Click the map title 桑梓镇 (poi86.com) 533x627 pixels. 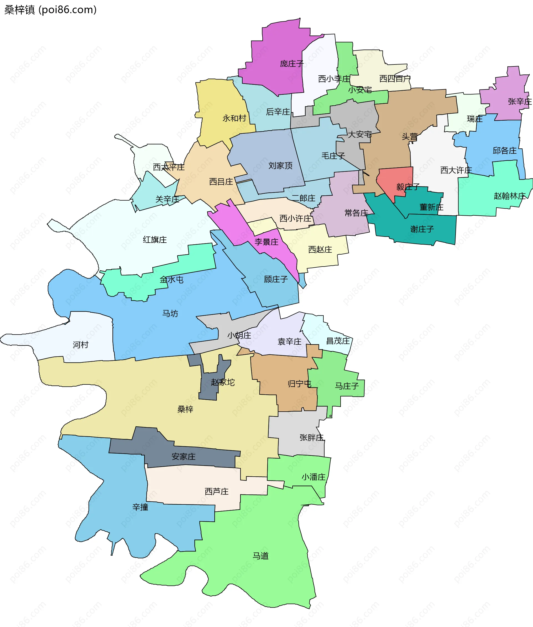[x=51, y=10]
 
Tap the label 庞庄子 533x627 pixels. [x=291, y=64]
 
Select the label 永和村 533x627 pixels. [x=234, y=118]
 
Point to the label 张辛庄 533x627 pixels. [x=519, y=101]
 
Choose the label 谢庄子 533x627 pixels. [x=422, y=229]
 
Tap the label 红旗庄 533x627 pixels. [x=155, y=240]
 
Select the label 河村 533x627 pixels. [x=81, y=345]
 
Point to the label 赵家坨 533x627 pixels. [x=223, y=382]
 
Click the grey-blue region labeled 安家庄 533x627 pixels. [x=183, y=456]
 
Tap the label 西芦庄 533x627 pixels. [x=216, y=491]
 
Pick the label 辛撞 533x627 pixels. [x=140, y=507]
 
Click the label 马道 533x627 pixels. [x=260, y=556]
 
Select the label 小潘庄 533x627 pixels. [x=313, y=477]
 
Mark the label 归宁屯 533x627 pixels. [x=299, y=384]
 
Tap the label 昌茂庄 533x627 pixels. [x=338, y=341]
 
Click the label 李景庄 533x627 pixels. [x=266, y=242]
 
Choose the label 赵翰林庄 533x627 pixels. [x=509, y=196]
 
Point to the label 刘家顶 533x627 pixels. [x=280, y=165]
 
